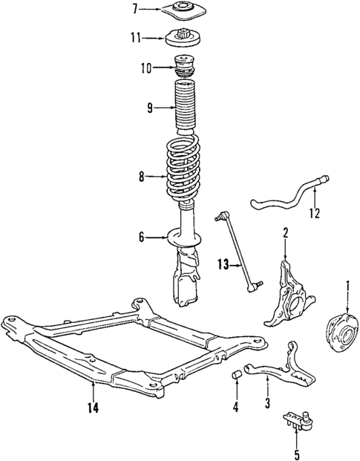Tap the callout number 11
134,36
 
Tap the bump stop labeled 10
184,67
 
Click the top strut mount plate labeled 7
181,10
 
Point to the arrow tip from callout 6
170,238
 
